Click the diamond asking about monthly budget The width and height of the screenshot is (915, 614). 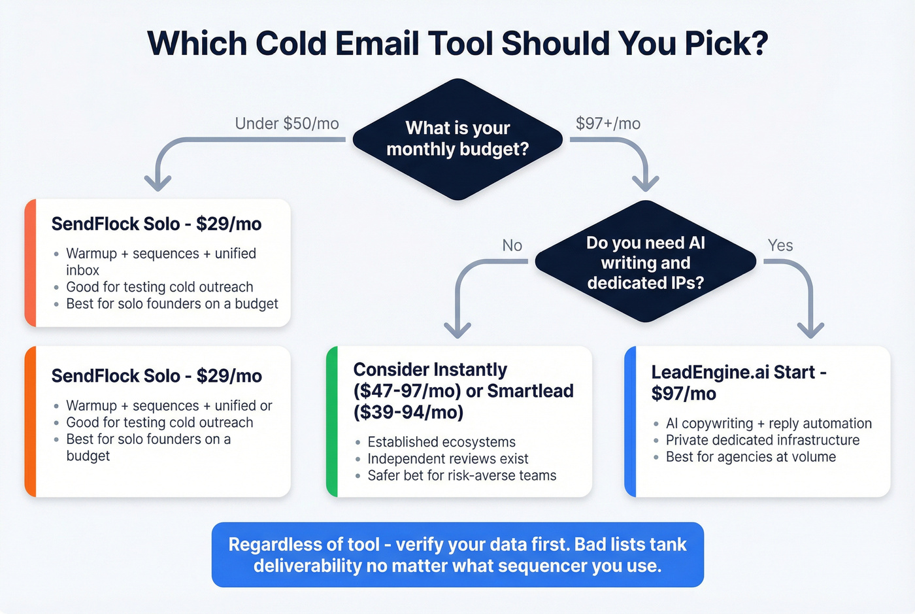457,139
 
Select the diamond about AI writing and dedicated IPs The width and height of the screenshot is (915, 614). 645,262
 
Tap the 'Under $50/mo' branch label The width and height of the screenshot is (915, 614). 287,124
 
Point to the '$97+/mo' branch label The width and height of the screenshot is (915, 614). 608,124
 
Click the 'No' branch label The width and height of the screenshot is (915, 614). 512,245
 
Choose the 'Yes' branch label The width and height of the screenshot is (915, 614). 780,245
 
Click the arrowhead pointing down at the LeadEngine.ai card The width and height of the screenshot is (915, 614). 811,329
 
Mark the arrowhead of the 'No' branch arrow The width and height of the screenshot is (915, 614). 457,329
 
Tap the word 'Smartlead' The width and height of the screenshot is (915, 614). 530,391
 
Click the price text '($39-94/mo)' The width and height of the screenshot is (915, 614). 408,413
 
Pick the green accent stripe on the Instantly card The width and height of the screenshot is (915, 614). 331,422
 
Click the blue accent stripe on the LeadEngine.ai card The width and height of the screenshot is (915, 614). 630,422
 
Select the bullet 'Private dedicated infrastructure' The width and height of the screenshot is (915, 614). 762,440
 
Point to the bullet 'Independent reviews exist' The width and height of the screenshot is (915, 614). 448,459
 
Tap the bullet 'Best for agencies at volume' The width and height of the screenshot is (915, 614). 750,457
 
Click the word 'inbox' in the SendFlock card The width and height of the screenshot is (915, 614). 82,270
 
